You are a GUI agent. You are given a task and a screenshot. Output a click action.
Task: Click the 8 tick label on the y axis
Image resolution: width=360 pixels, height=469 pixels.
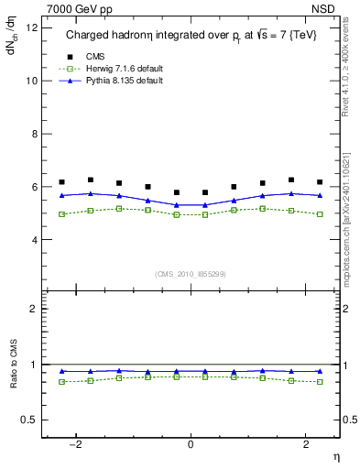coord(36,134)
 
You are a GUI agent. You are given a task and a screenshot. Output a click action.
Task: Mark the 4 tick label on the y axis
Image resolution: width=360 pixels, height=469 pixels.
coord(36,240)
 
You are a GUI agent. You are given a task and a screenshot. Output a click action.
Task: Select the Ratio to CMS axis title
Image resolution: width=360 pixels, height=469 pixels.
coord(13,376)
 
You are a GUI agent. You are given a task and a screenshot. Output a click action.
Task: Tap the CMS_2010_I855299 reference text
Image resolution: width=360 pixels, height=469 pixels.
coord(191,274)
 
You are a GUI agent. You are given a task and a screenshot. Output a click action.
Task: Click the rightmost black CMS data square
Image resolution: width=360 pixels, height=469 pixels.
coord(320,182)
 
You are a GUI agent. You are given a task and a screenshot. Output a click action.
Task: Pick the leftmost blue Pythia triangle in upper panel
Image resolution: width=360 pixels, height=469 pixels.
coord(62,195)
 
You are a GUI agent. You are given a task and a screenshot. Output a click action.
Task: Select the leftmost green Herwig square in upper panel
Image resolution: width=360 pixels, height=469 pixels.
coord(62,214)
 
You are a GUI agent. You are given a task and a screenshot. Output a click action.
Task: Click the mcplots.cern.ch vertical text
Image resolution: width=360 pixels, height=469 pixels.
coord(351,220)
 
